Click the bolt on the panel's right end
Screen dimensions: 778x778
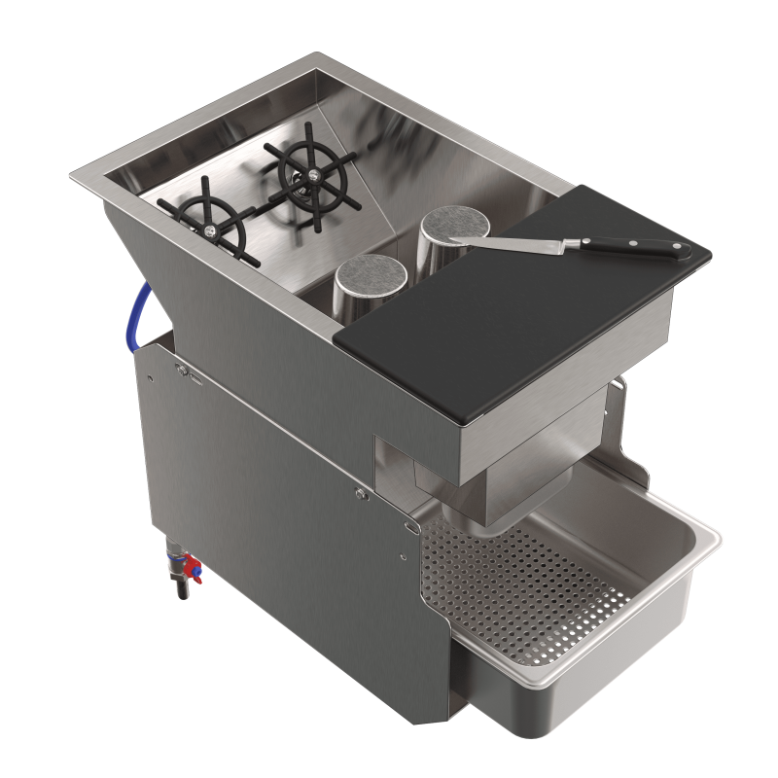[361, 495]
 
